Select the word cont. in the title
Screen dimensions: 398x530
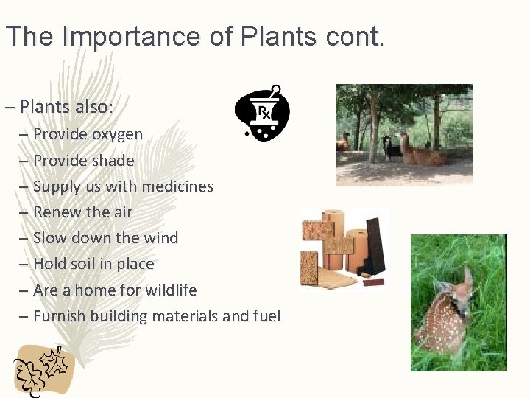pos(357,36)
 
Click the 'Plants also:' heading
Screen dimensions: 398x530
pos(66,106)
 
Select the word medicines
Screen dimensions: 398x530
pos(176,186)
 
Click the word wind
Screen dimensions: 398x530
pos(161,238)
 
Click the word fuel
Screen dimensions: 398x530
pos(266,316)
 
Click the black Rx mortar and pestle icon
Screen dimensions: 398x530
pos(261,113)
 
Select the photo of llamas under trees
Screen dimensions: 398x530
pos(403,135)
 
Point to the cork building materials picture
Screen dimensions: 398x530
pos(343,248)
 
